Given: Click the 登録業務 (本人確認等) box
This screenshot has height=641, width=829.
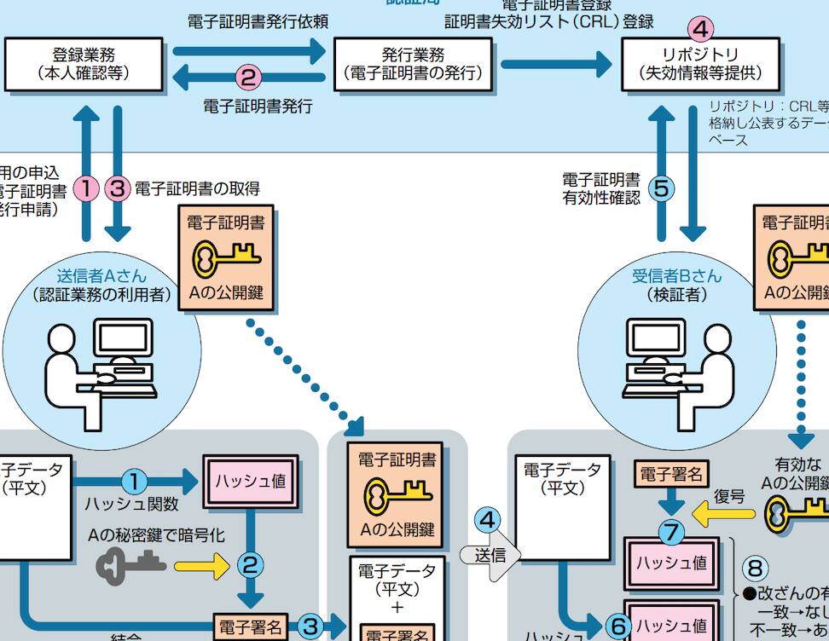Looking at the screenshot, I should (x=84, y=64).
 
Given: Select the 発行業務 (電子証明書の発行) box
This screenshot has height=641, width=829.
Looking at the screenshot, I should (x=413, y=64).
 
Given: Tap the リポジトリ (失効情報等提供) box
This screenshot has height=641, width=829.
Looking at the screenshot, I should (x=700, y=64).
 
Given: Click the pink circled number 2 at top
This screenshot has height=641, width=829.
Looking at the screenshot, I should (x=248, y=78).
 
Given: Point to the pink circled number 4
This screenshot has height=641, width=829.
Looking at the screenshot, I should (x=699, y=28).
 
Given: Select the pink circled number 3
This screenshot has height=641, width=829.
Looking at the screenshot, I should (x=118, y=188).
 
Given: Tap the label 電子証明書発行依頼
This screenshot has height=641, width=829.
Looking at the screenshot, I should (x=258, y=21).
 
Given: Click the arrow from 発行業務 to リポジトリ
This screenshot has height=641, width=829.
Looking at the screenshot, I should (x=556, y=64).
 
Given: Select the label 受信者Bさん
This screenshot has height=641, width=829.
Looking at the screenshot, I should (x=676, y=276).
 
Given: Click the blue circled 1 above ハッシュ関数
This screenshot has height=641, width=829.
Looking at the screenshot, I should (x=135, y=482).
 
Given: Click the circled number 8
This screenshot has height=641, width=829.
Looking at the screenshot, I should (x=755, y=567).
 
